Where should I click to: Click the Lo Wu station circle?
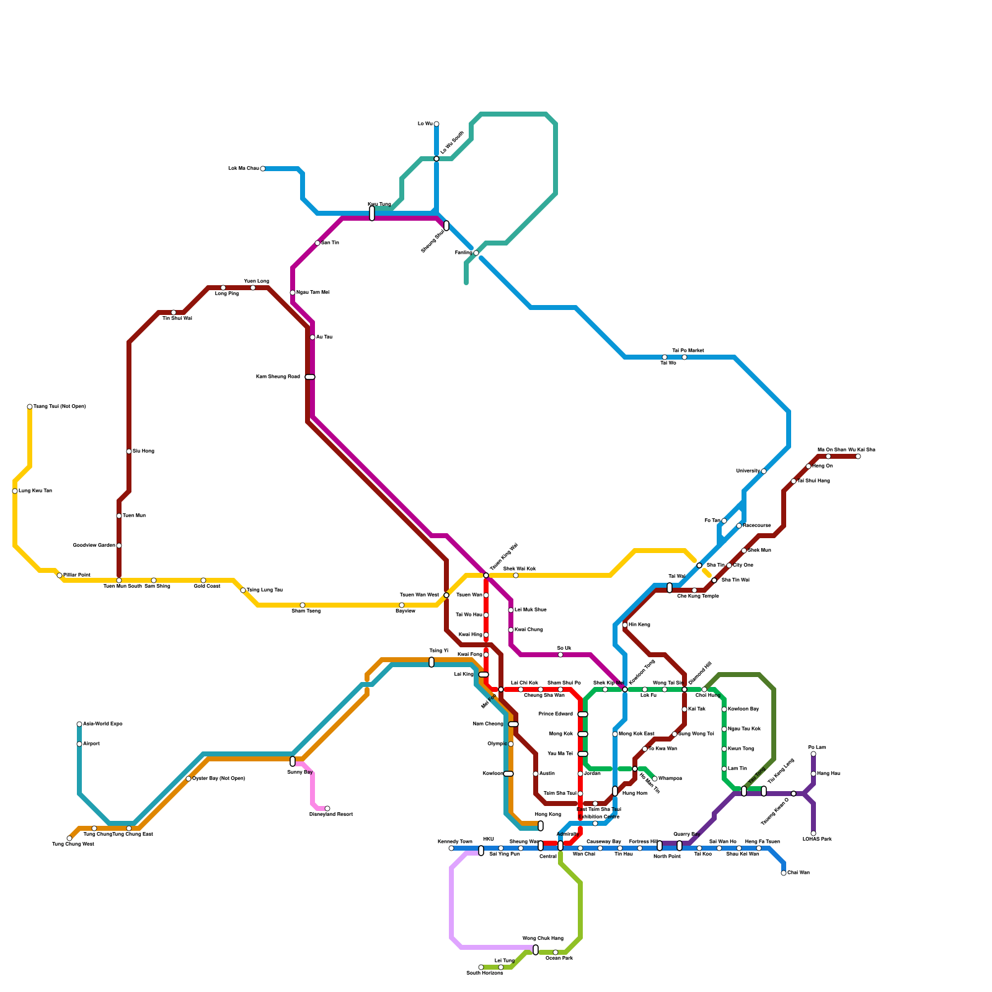point(436,124)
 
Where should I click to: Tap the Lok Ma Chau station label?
point(243,169)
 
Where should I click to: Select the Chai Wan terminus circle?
point(784,873)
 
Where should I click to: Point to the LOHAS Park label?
point(817,839)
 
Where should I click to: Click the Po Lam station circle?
point(813,754)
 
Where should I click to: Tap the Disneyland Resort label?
point(330,815)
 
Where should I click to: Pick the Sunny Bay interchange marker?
point(293,761)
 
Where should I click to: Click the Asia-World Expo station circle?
point(79,724)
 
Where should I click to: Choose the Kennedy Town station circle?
point(451,848)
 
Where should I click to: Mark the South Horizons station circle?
point(481,967)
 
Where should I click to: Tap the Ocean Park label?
point(559,959)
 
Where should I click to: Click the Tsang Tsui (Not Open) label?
point(60,407)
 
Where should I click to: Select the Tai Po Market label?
point(688,351)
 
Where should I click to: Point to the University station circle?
point(764,471)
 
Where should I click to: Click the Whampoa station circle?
point(655,779)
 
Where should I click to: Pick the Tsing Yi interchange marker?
point(432,662)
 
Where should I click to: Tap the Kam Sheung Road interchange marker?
point(310,377)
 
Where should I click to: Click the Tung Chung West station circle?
point(69,838)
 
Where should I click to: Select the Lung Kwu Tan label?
point(35,491)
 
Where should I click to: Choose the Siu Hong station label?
point(143,451)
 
